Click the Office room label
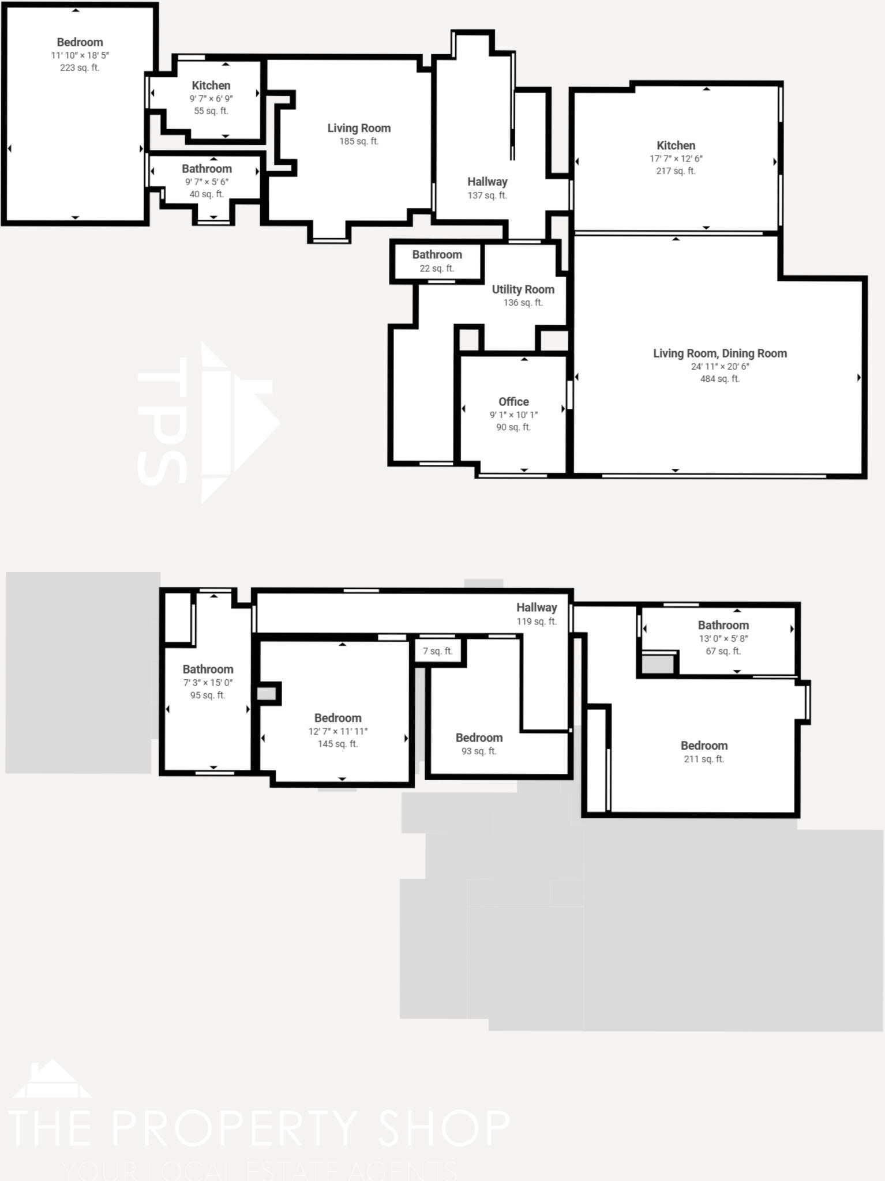(513, 402)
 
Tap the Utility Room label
(523, 289)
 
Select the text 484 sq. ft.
(719, 379)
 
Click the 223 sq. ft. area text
(80, 67)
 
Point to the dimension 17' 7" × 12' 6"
(676, 159)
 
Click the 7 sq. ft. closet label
(438, 651)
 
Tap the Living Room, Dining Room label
(719, 353)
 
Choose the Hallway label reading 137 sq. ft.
(487, 182)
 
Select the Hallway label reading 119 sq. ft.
(536, 607)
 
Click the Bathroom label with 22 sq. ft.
(437, 255)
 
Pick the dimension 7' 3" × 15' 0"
(208, 683)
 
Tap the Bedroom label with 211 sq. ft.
(704, 746)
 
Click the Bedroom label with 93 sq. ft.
(479, 738)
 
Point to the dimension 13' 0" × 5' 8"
(723, 638)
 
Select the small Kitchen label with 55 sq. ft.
(211, 85)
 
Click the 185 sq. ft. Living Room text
(358, 141)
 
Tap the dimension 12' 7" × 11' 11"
(337, 731)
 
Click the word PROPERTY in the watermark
(234, 1128)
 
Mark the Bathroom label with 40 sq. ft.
(207, 169)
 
